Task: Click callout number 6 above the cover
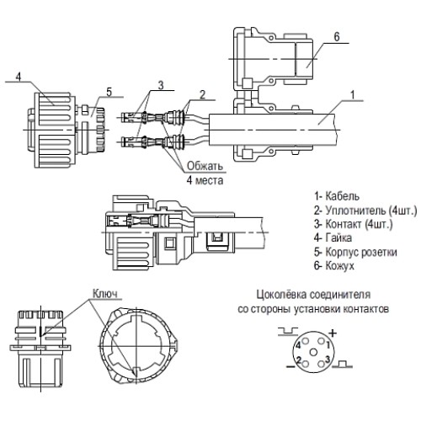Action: click(x=334, y=36)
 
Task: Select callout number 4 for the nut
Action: click(x=16, y=75)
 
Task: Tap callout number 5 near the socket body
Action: click(x=108, y=92)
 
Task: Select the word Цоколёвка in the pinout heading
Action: click(x=282, y=296)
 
